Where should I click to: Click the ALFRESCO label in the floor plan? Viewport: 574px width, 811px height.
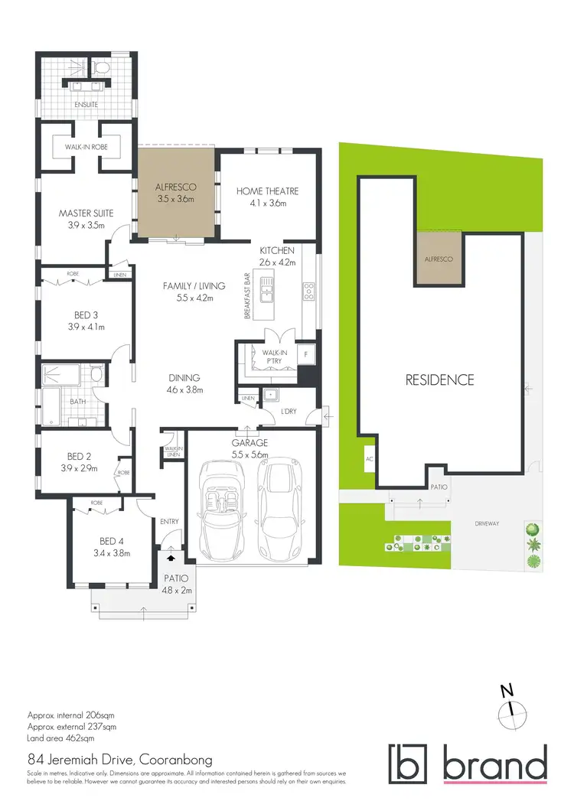pos(175,186)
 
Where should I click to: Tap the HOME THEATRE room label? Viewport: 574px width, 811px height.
pos(266,191)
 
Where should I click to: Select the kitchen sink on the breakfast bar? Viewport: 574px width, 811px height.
pos(267,288)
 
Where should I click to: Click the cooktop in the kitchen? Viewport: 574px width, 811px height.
pos(309,291)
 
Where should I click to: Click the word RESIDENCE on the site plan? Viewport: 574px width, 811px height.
pos(440,379)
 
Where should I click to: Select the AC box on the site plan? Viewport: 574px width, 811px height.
pos(370,461)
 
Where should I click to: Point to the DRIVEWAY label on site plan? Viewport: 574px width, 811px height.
pos(488,523)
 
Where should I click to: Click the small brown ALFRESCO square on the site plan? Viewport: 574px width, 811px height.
pos(439,259)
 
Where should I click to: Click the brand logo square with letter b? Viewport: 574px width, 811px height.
pos(409,764)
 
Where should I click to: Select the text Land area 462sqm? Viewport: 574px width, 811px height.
pos(61,738)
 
